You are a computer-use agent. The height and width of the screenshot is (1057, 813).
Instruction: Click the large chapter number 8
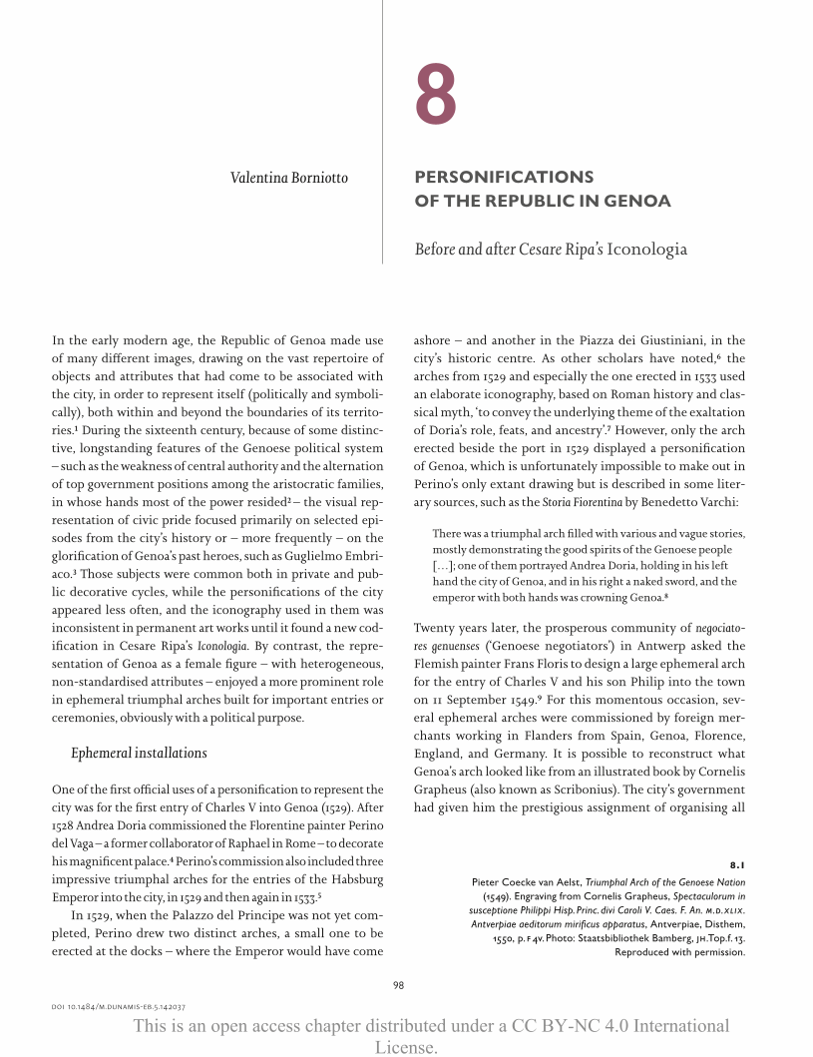(x=436, y=96)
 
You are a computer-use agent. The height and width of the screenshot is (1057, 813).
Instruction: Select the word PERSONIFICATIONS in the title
(x=504, y=177)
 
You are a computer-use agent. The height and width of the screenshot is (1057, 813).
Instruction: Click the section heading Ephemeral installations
(x=139, y=752)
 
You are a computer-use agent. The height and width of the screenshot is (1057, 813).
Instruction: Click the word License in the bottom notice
(x=406, y=1046)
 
